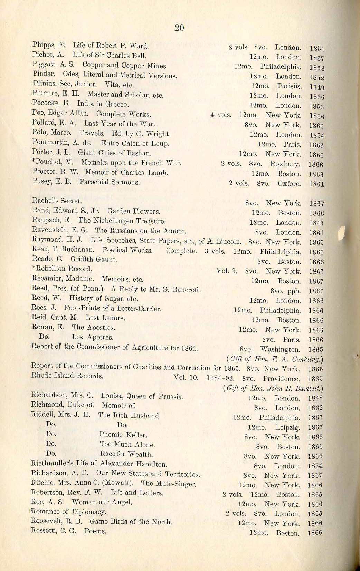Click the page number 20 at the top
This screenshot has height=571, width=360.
[179, 28]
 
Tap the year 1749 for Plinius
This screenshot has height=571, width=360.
[317, 87]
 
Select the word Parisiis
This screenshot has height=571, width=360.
[289, 86]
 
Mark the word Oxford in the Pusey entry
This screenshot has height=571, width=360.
[289, 184]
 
